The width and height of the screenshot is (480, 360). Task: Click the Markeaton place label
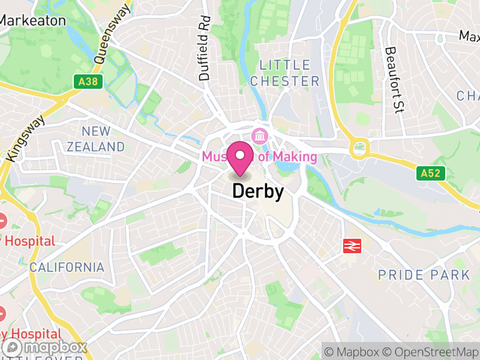tap(33, 20)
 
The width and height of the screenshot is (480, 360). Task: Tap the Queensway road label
tap(113, 34)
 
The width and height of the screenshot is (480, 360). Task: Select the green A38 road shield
tap(86, 82)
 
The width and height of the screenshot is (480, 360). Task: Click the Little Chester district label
tap(285, 73)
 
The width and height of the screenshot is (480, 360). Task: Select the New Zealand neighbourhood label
tap(96, 139)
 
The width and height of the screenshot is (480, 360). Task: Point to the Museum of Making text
tap(259, 157)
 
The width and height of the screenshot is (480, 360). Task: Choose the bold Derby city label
tap(257, 191)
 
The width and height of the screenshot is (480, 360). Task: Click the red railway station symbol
tap(352, 245)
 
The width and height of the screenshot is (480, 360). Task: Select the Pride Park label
tap(424, 275)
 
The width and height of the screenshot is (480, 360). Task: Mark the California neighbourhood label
tap(67, 267)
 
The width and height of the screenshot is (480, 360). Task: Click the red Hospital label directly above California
tap(28, 241)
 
